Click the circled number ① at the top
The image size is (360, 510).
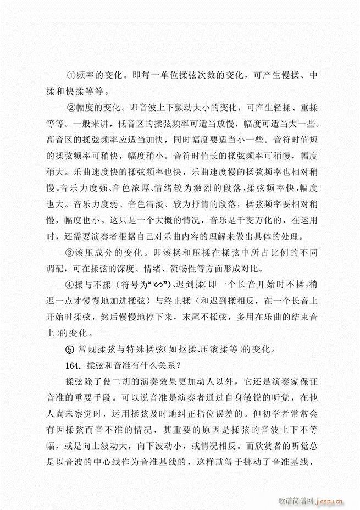click(x=70, y=75)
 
